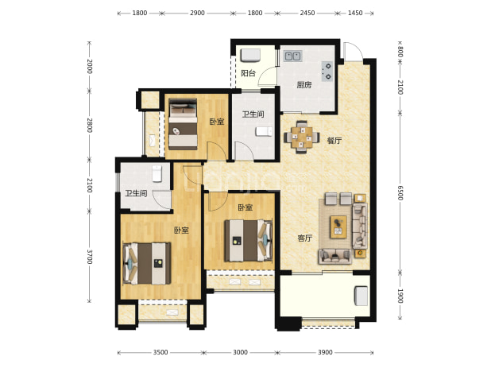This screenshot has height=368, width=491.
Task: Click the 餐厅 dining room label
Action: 334,141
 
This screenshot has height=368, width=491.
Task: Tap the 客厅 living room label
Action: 304,238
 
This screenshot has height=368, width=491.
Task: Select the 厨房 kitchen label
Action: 304,85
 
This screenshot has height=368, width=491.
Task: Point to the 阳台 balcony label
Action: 248,73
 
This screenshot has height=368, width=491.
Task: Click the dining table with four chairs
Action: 302,138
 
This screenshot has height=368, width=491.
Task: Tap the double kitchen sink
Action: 292,56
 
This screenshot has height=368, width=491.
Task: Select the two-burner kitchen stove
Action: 327,71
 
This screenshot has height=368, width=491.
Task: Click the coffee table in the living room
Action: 338,227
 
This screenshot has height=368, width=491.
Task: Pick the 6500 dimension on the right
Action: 400,192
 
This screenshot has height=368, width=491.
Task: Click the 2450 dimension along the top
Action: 307,13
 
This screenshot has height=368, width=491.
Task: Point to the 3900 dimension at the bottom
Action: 325,352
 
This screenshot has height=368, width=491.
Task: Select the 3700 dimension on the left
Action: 90,257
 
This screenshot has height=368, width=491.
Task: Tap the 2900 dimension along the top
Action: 197,13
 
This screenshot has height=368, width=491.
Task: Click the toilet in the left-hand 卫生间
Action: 157,174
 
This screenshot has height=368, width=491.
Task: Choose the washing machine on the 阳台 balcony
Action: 250,56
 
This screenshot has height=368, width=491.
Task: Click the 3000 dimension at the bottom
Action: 240,352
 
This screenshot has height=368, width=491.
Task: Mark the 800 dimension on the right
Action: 400,52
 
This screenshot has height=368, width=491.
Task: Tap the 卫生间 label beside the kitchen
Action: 253,114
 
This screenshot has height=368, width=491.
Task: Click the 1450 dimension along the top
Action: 355,13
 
